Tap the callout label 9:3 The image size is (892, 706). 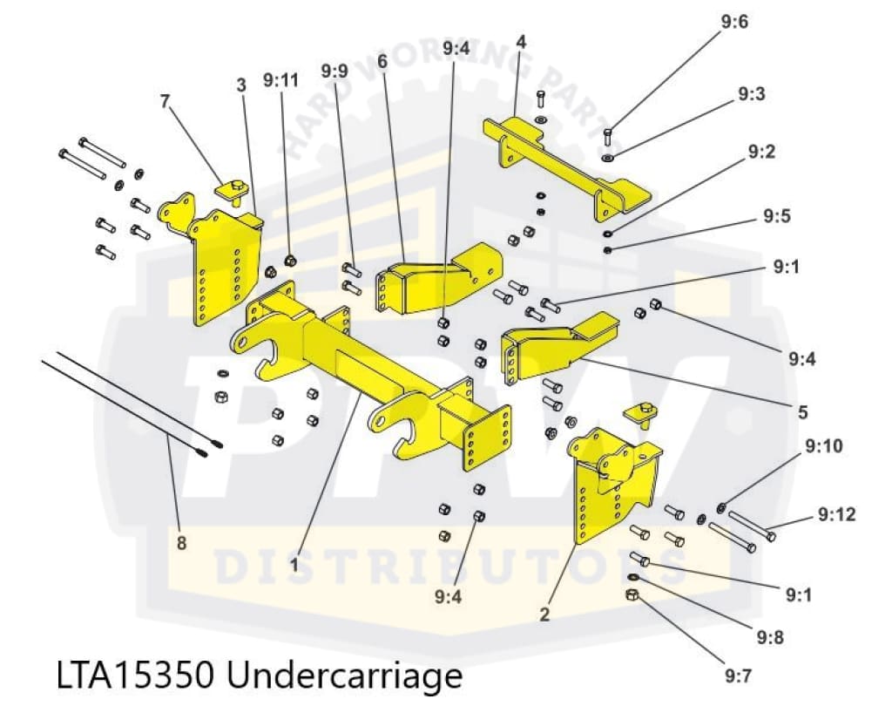[x=751, y=94]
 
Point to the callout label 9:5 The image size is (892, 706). [x=776, y=216]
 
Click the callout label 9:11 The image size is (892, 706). [x=280, y=81]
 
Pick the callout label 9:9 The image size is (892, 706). [x=334, y=70]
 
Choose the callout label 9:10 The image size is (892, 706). [x=824, y=447]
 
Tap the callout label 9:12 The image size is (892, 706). [x=836, y=515]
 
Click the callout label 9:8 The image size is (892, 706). [x=770, y=637]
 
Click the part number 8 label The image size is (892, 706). [x=181, y=543]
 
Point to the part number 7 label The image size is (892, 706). [x=165, y=101]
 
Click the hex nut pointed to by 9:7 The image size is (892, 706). [x=633, y=595]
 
